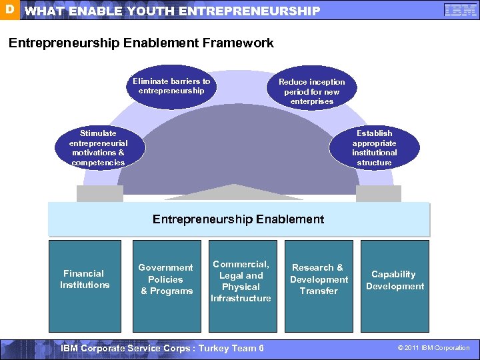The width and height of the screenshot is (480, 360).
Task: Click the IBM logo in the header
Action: pyautogui.click(x=460, y=11)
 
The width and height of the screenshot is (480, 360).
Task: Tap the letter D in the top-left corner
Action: pyautogui.click(x=9, y=10)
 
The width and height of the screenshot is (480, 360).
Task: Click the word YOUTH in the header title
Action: pyautogui.click(x=146, y=11)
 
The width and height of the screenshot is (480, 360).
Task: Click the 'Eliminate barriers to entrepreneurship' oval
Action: pyautogui.click(x=171, y=86)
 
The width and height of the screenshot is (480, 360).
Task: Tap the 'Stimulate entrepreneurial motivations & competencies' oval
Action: pyautogui.click(x=98, y=148)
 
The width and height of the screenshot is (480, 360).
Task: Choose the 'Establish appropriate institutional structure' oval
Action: pyautogui.click(x=374, y=148)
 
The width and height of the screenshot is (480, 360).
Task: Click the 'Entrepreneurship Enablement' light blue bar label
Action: pyautogui.click(x=238, y=219)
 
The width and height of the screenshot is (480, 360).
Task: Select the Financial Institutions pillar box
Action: pyautogui.click(x=85, y=279)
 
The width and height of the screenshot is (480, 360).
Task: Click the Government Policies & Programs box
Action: pyautogui.click(x=166, y=279)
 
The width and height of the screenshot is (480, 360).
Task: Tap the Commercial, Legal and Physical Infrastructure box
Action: pyautogui.click(x=241, y=280)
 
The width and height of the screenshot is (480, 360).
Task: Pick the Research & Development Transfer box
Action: pyautogui.click(x=319, y=279)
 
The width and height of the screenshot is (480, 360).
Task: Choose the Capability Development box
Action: pyautogui.click(x=395, y=280)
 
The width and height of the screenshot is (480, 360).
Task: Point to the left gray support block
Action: pyautogui.click(x=100, y=193)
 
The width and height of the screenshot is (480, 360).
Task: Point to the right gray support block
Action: pyautogui.click(x=378, y=193)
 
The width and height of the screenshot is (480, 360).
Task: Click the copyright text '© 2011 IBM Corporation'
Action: pyautogui.click(x=433, y=348)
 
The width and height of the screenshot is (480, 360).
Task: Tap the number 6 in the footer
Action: pyautogui.click(x=261, y=348)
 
